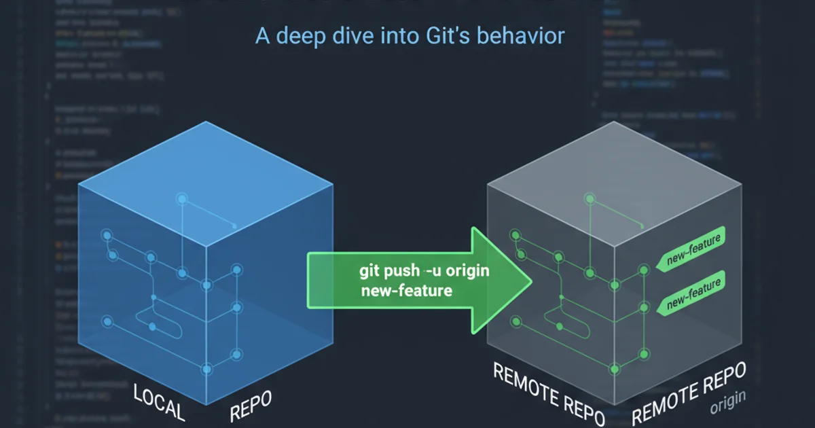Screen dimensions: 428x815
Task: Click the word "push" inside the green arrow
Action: coord(402,271)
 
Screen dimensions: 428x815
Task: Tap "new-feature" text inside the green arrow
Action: coord(406,291)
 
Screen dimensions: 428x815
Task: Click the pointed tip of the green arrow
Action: coord(530,279)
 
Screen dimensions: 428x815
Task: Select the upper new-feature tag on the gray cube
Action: coord(693,249)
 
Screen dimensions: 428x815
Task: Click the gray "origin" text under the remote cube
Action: coord(728,404)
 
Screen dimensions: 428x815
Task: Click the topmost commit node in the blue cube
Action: coord(181,199)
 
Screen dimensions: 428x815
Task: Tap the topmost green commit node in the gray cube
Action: coord(590,199)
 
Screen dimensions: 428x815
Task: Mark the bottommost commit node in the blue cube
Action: coord(207,369)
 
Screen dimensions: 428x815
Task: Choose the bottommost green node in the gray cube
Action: coord(615,369)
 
